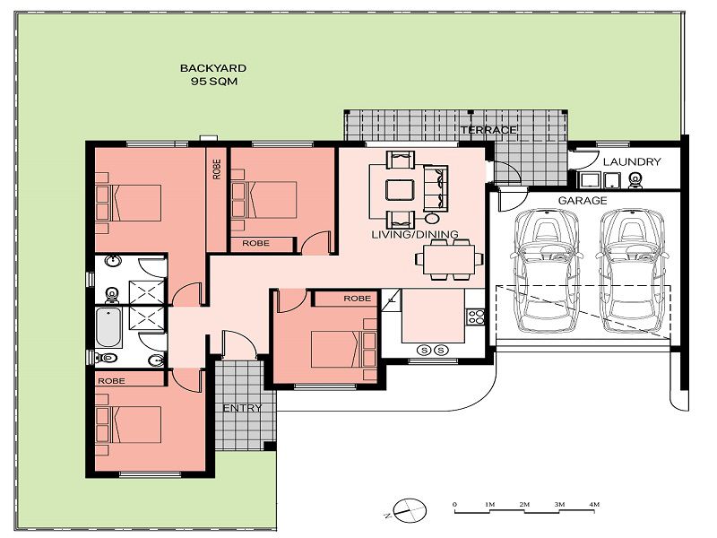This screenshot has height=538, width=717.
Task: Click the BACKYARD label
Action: tap(213, 68)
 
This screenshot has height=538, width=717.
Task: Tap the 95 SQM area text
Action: tap(214, 82)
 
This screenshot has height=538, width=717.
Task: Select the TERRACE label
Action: tap(488, 130)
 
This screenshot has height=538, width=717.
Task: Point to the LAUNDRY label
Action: tap(632, 161)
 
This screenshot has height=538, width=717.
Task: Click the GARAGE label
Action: tap(583, 200)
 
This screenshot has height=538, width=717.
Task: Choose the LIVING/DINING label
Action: tap(415, 234)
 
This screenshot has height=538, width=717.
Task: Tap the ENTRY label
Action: tap(242, 408)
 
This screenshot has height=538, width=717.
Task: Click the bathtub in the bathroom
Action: tap(108, 327)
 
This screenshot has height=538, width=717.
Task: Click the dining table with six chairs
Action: tap(449, 260)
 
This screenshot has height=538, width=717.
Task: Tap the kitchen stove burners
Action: tap(476, 317)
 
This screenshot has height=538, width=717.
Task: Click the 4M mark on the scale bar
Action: tap(594, 504)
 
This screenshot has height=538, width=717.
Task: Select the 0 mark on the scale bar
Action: tap(454, 504)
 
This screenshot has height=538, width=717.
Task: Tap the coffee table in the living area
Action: tap(400, 190)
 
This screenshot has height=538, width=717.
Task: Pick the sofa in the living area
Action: tap(436, 187)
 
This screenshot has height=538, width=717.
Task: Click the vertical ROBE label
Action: tap(217, 169)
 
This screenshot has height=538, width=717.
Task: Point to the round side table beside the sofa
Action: tap(432, 218)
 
